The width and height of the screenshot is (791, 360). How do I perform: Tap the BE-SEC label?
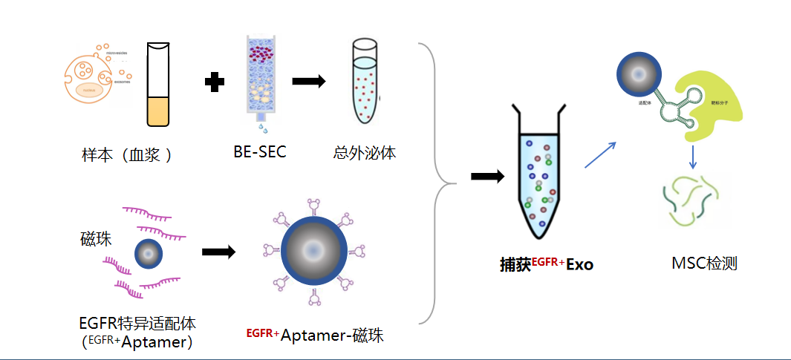[259, 152]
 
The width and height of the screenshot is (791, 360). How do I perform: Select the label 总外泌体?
[365, 154]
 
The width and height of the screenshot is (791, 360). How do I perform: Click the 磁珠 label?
[96, 239]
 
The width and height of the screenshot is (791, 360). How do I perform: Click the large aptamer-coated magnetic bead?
[313, 251]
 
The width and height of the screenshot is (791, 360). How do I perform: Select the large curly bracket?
[437, 182]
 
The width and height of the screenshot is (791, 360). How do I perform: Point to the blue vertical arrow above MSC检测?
[692, 156]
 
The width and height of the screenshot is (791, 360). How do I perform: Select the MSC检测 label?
[704, 263]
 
